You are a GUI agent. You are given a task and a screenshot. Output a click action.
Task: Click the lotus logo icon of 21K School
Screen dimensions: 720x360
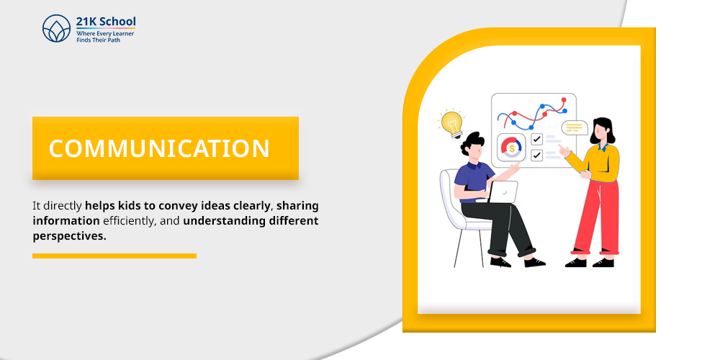(x=56, y=28)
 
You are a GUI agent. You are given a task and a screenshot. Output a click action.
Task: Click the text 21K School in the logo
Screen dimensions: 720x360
(x=106, y=22)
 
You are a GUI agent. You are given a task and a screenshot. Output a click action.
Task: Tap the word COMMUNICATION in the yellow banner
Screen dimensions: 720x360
(x=159, y=148)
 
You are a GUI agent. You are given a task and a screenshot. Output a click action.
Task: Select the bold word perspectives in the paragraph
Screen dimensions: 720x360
(x=69, y=236)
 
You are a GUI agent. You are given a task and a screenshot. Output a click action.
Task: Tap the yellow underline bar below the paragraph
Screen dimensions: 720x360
(x=114, y=256)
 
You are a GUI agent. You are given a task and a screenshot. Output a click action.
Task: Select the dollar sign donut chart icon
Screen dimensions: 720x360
(x=511, y=148)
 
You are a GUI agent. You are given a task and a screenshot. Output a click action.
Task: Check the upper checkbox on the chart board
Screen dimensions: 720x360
(x=537, y=139)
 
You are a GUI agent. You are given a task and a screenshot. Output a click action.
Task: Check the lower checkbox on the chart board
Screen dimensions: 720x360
(x=537, y=155)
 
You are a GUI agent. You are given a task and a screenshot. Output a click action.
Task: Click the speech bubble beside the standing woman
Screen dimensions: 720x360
(x=575, y=127)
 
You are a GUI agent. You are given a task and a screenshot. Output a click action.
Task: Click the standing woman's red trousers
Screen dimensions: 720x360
(x=596, y=216)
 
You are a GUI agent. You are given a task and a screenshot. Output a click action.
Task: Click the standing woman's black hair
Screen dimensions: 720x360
(x=603, y=130)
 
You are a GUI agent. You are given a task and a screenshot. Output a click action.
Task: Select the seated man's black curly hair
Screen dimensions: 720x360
(x=472, y=143)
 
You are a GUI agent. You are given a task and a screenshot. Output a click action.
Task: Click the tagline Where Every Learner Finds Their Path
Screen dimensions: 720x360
(x=105, y=37)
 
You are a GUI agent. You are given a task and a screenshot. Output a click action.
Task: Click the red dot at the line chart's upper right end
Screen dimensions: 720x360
(x=564, y=99)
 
